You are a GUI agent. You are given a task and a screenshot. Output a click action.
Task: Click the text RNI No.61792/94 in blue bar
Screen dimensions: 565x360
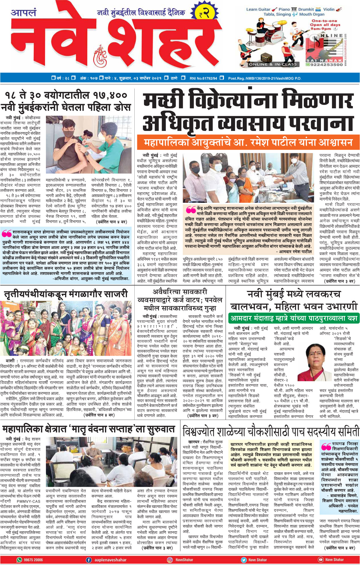click(x=203, y=78)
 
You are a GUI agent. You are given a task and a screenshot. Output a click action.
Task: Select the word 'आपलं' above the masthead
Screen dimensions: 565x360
click(x=24, y=13)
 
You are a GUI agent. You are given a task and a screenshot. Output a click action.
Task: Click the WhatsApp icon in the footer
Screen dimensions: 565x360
click(x=19, y=560)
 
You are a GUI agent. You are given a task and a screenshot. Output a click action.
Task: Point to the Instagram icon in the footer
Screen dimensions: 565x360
click(x=170, y=560)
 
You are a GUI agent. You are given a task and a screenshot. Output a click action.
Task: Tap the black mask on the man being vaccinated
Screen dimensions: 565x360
click(x=68, y=133)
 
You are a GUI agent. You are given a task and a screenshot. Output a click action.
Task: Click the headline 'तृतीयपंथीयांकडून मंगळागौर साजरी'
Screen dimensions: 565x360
click(x=66, y=294)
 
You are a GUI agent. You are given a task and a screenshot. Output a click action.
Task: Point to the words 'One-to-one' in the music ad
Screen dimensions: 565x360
click(x=324, y=21)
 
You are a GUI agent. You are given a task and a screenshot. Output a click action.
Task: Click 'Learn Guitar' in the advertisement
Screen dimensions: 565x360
click(x=258, y=9)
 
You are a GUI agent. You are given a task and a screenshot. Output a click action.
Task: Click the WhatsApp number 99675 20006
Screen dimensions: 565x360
click(x=33, y=560)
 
